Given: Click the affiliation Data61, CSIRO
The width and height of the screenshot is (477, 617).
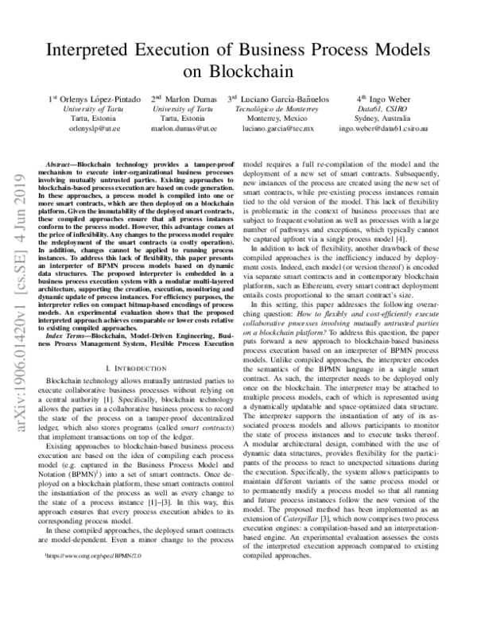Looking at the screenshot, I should point(386,109).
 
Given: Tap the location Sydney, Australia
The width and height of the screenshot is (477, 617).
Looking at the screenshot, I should point(386,118).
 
